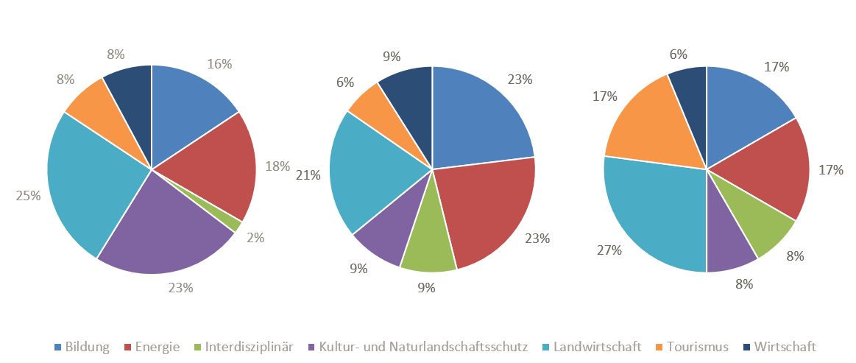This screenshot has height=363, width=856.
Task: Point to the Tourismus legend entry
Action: (697, 347)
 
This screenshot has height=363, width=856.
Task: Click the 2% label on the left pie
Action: (255, 238)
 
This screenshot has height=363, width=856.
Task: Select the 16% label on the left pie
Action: (220, 64)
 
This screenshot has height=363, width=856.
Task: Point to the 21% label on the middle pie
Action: (308, 175)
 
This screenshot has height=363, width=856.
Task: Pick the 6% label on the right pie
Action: (678, 54)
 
